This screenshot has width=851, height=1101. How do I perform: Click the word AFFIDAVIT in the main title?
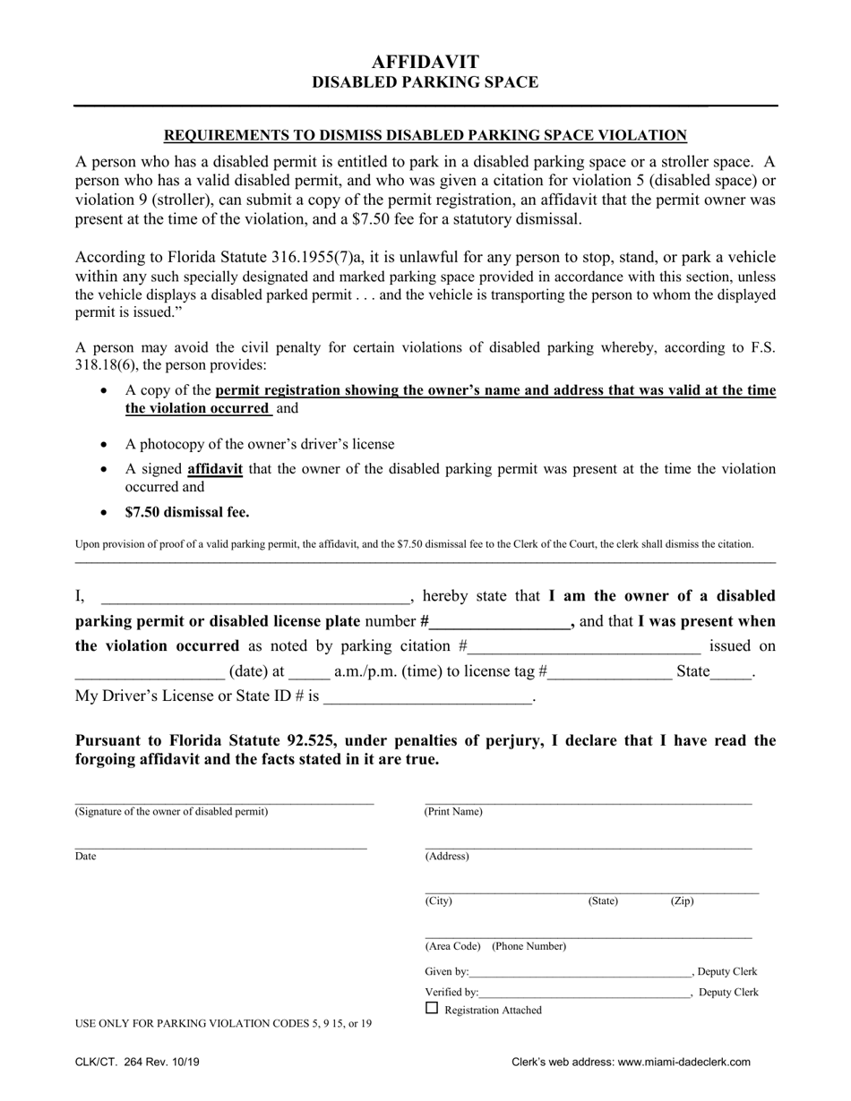pyautogui.click(x=425, y=61)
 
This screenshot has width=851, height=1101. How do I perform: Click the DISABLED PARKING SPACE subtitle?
pyautogui.click(x=425, y=82)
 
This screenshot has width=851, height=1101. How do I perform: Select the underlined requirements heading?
pyautogui.click(x=425, y=135)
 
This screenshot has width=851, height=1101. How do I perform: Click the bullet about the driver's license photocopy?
pyautogui.click(x=259, y=444)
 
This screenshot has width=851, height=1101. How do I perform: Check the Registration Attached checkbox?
pyautogui.click(x=432, y=1008)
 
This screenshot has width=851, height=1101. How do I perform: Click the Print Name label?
pyautogui.click(x=453, y=812)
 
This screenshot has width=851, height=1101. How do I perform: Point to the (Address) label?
pyautogui.click(x=447, y=856)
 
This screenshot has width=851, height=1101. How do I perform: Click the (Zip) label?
pyautogui.click(x=682, y=900)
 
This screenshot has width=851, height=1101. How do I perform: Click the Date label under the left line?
pyautogui.click(x=85, y=856)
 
